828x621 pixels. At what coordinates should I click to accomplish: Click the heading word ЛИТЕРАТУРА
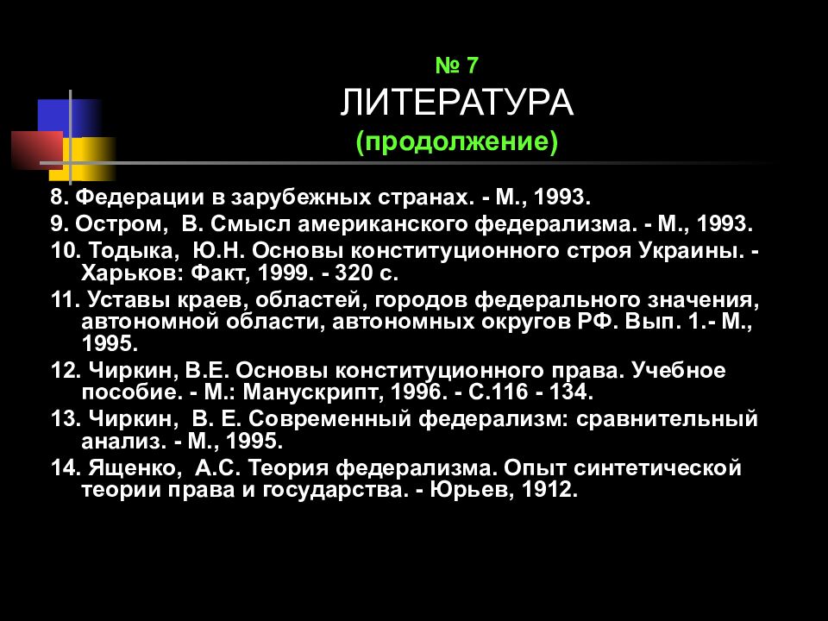(x=456, y=103)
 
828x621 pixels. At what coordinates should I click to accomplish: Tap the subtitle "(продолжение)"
(x=457, y=141)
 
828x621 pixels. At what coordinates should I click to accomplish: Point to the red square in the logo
(x=36, y=148)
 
